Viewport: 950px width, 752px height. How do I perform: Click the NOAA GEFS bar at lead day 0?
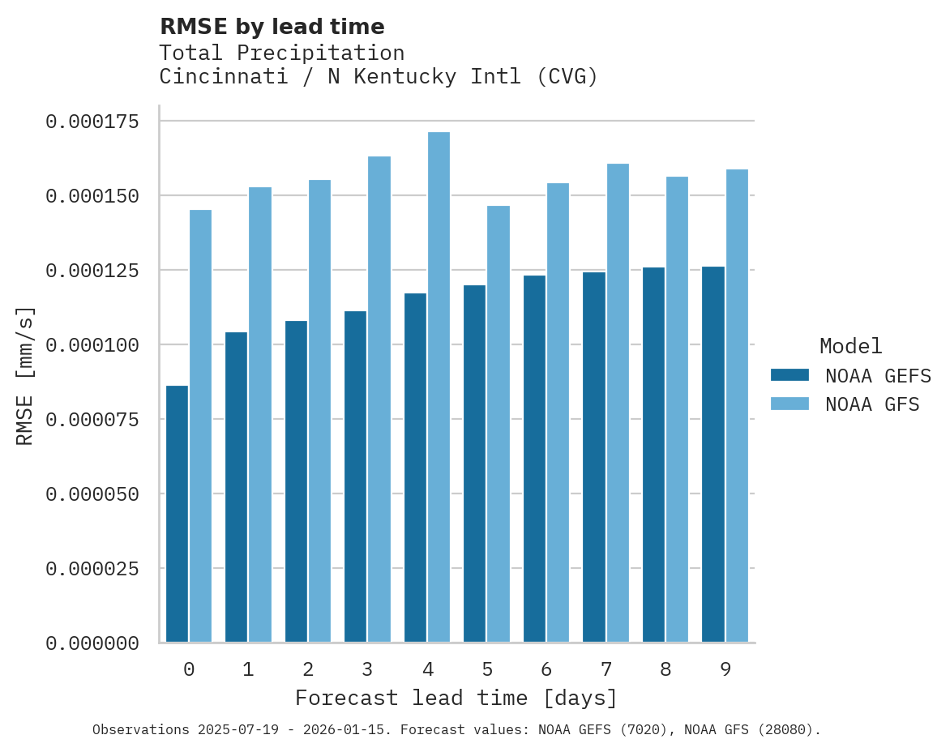[177, 514]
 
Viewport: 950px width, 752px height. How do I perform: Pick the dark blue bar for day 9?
[713, 454]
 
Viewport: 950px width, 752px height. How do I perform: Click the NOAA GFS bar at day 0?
[200, 425]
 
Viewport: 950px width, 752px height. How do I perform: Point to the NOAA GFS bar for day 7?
[618, 403]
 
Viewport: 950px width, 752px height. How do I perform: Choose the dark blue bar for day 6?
[534, 459]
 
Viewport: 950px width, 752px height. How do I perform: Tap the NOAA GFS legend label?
[872, 404]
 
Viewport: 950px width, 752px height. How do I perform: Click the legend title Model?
[850, 346]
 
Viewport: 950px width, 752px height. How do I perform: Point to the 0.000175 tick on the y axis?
[92, 122]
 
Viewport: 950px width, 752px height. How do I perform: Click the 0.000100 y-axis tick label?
[92, 345]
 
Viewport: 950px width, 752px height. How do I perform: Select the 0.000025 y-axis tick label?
[92, 569]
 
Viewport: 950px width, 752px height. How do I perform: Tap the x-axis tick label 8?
[665, 669]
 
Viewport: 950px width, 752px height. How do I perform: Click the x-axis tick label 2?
[308, 669]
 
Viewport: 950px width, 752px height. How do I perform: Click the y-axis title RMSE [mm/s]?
[25, 376]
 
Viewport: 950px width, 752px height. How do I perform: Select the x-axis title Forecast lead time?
[456, 698]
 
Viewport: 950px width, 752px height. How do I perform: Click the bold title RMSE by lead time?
[272, 27]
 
